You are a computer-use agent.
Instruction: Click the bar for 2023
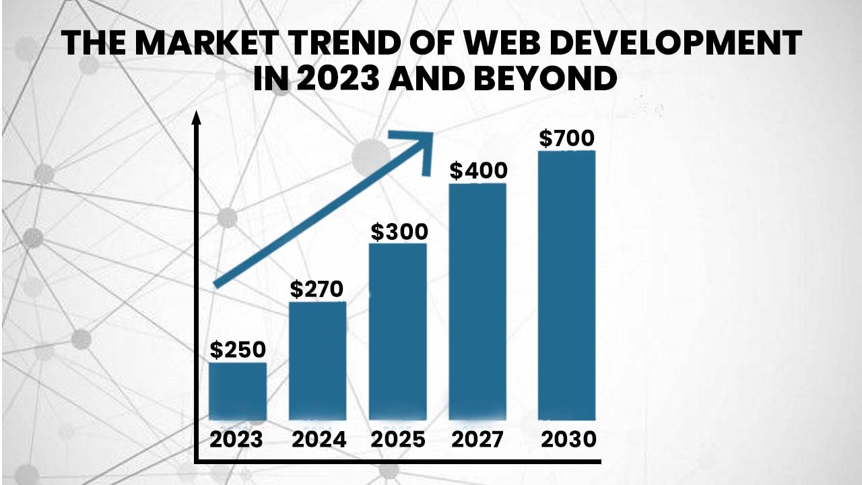click(237, 391)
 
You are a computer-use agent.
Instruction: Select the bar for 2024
click(317, 361)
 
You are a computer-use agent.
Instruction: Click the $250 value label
click(238, 350)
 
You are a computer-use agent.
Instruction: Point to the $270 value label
click(317, 289)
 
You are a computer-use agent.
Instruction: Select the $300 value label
click(399, 232)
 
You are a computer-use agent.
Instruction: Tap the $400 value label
click(478, 171)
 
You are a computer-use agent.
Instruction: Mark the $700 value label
click(567, 139)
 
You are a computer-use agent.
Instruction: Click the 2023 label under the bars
click(236, 440)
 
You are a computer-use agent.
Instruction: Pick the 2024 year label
click(319, 440)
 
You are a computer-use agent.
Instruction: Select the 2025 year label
click(398, 440)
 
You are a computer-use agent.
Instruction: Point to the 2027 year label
click(477, 440)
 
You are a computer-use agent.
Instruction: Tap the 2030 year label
click(569, 440)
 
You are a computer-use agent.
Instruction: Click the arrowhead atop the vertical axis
click(197, 118)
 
